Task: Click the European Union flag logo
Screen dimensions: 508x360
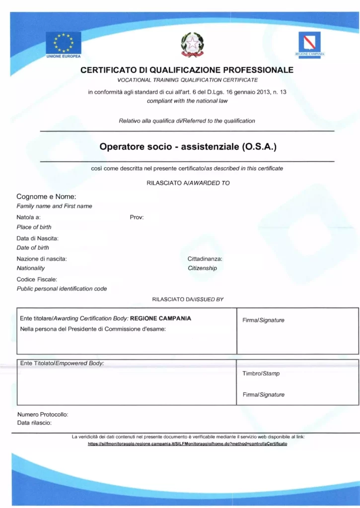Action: tap(63, 43)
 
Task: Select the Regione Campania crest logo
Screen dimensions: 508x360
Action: tap(308, 43)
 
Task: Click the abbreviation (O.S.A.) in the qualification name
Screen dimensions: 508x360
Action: tap(258, 147)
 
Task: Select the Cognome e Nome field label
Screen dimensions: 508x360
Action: tap(46, 197)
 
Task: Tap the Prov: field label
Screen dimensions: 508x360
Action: tap(137, 217)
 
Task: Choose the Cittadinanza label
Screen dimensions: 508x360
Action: tap(205, 258)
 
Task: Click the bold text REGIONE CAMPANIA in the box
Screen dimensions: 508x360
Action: tap(160, 318)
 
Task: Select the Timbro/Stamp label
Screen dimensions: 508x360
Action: tap(261, 374)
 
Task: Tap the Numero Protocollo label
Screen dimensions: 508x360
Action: tap(43, 414)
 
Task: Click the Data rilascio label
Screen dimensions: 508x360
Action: tap(34, 423)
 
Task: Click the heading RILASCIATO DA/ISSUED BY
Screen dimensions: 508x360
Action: tap(188, 299)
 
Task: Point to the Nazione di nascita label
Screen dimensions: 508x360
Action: tap(42, 258)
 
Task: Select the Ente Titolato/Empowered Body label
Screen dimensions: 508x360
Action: tap(62, 363)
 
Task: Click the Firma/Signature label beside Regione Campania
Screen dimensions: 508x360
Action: tap(263, 320)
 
